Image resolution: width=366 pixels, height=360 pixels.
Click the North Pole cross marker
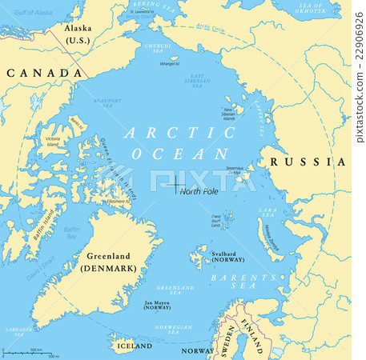coord(175,186)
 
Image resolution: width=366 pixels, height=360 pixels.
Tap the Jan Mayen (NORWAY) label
coord(157,306)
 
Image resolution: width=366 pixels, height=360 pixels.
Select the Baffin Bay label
coord(73,232)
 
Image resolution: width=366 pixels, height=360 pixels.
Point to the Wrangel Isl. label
coord(169,62)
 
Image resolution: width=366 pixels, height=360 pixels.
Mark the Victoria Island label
coord(53,142)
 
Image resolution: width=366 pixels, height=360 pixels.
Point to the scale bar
coord(29,352)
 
